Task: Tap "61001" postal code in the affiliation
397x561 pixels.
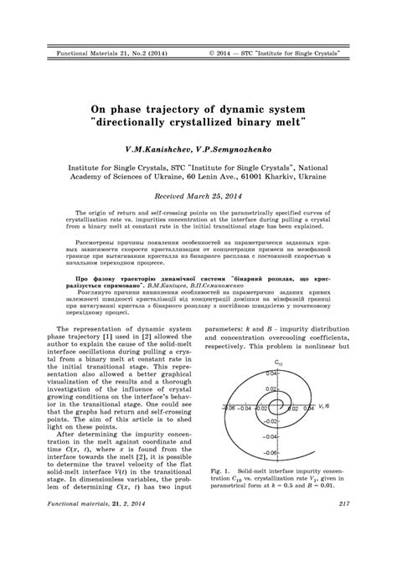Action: pos(260,177)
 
